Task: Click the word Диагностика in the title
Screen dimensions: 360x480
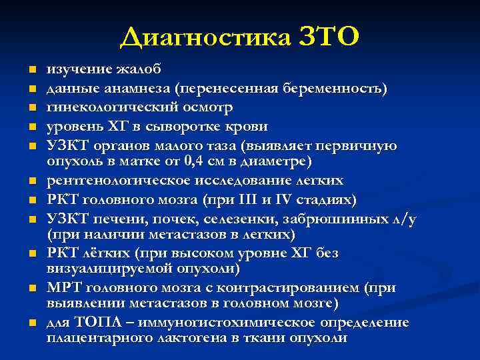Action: click(x=205, y=37)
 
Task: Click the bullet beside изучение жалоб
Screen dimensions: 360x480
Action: click(x=31, y=69)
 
